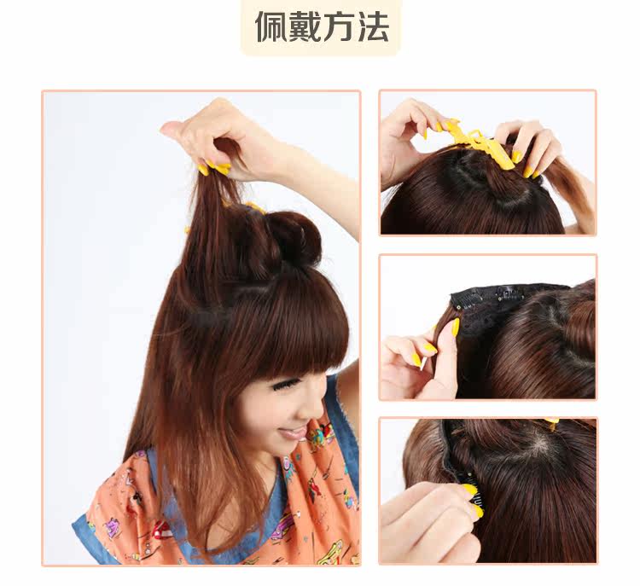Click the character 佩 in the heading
pyautogui.click(x=271, y=27)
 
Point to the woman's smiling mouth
pyautogui.click(x=293, y=433)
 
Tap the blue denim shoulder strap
pyautogui.click(x=346, y=444)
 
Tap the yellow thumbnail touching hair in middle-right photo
pyautogui.click(x=455, y=327)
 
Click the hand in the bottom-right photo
pyautogui.click(x=427, y=520)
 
